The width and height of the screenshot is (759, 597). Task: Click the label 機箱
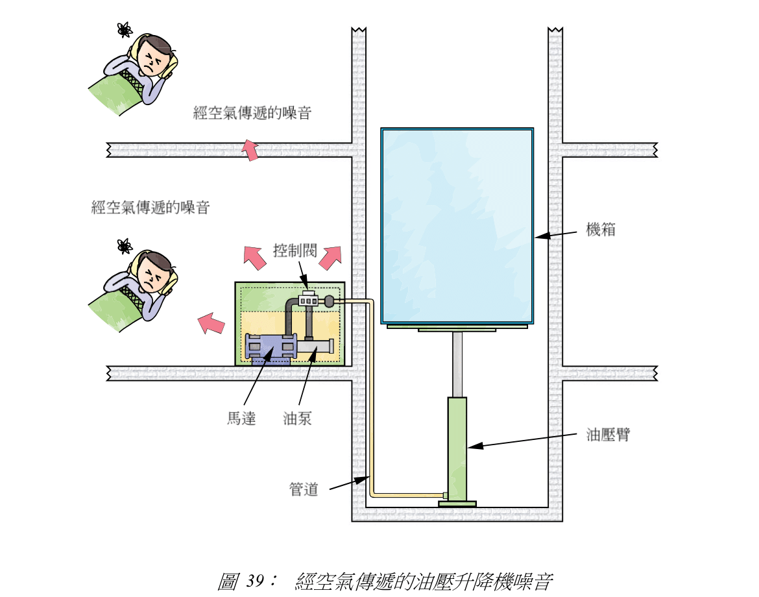(600, 230)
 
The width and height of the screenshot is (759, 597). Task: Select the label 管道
(303, 490)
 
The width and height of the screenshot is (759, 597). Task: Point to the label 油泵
(297, 419)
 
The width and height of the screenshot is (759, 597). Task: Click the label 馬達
(241, 419)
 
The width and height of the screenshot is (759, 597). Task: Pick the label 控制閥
(293, 250)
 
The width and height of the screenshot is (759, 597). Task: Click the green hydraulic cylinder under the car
(457, 448)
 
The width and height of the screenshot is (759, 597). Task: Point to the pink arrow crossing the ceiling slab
(248, 150)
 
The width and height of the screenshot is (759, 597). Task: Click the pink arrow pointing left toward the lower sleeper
(211, 322)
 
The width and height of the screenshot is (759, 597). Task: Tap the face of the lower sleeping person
(152, 275)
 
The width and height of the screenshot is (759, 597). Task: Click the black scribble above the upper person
(125, 29)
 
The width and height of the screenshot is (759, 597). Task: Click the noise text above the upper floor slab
(252, 114)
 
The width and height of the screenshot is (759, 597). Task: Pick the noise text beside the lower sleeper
(151, 208)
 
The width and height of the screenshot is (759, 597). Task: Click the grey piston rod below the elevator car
(458, 363)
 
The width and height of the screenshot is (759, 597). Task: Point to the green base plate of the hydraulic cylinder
(457, 504)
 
